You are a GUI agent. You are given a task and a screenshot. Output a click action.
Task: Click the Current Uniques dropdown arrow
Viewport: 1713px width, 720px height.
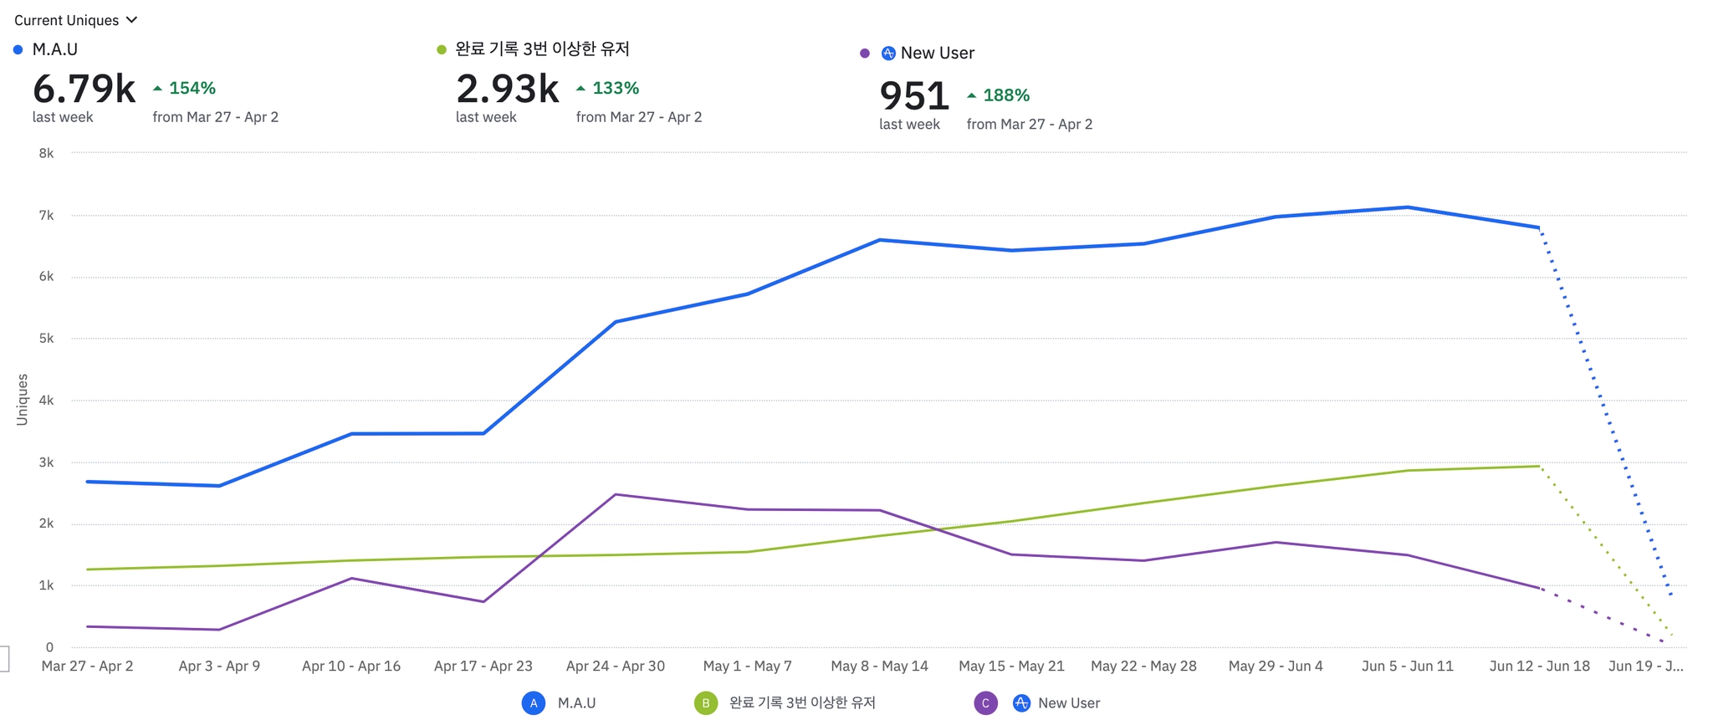[131, 19]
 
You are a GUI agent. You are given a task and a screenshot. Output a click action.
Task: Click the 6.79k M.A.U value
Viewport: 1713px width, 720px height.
[84, 89]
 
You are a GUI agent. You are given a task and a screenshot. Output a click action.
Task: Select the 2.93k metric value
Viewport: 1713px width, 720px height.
[507, 89]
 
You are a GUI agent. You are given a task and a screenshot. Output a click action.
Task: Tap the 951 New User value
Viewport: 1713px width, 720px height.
[913, 96]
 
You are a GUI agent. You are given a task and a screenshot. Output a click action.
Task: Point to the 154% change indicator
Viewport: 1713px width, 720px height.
[185, 88]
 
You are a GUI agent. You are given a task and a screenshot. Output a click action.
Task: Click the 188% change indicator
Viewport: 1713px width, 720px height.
[999, 95]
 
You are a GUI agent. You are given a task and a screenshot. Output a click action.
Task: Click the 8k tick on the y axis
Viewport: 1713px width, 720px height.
[46, 153]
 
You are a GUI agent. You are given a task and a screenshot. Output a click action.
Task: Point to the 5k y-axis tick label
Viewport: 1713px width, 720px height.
[46, 339]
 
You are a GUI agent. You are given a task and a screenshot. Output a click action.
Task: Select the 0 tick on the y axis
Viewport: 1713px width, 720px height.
[49, 647]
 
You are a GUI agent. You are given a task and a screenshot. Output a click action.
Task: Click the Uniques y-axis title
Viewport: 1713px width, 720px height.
[22, 400]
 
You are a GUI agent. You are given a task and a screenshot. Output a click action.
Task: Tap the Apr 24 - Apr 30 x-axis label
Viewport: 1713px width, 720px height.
[615, 666]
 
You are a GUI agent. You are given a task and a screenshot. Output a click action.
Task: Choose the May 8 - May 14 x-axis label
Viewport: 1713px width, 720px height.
[879, 666]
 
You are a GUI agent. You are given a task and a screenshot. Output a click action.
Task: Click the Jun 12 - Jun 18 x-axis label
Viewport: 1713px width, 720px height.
[1539, 666]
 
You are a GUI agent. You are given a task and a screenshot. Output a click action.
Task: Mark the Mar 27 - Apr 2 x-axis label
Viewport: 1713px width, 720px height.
[87, 666]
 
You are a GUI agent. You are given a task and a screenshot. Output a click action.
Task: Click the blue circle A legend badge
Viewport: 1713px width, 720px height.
[534, 703]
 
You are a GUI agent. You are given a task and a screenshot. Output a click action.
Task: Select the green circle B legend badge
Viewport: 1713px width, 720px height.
[705, 703]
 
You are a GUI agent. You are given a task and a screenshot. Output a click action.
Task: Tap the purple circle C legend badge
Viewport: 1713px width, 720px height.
[985, 703]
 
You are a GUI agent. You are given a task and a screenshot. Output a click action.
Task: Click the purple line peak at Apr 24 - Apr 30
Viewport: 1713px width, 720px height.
[616, 494]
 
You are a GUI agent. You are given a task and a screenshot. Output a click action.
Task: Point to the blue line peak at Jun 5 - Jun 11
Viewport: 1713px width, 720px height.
[1408, 207]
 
